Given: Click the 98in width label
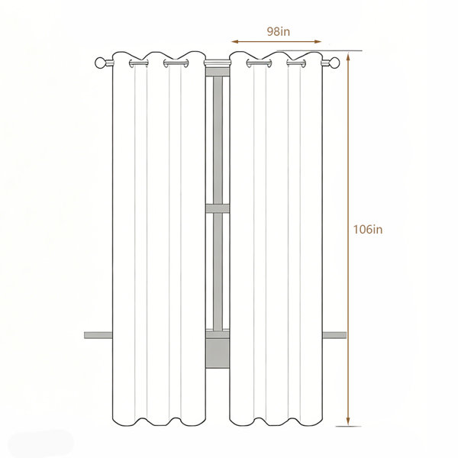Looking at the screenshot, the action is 279,31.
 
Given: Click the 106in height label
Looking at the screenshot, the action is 368,229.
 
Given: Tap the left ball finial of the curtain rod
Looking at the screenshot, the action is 101,63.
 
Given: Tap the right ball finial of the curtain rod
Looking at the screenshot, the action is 334,63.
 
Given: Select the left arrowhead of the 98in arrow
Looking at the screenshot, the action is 235,42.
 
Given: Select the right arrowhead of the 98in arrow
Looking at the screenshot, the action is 318,42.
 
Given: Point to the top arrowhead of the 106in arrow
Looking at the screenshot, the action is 348,56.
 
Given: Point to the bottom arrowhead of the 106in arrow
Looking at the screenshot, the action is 348,421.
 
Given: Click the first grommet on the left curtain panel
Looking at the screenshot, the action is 138,63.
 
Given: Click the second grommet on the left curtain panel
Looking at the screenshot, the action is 176,63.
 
